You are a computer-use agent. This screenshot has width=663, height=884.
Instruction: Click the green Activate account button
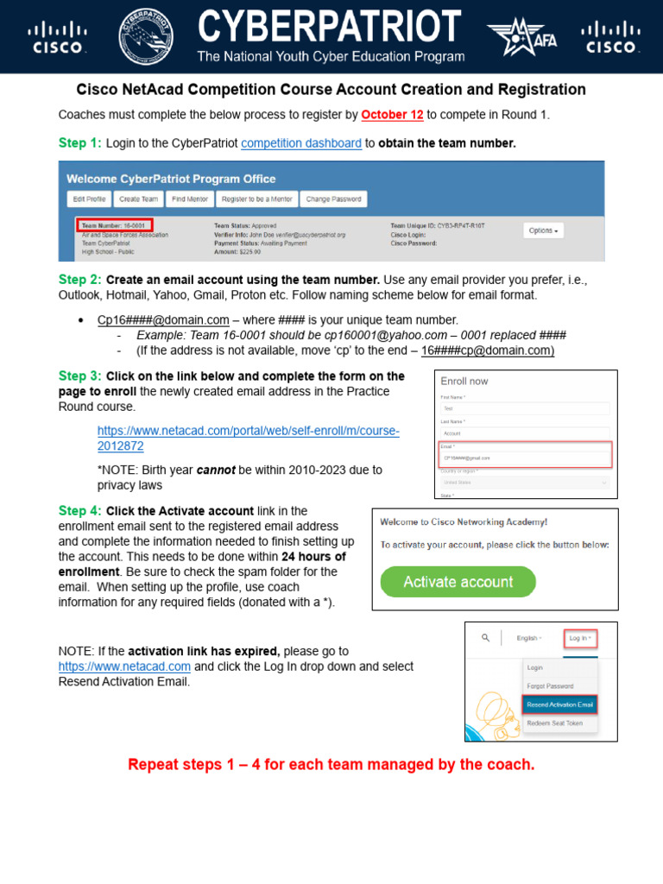[458, 582]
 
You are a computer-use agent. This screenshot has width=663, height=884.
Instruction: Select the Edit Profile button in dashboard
[89, 199]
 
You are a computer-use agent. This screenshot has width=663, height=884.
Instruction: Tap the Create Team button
[138, 199]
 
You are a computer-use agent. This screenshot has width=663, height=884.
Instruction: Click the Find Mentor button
[189, 199]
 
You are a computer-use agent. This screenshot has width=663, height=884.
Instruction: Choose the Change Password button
[334, 199]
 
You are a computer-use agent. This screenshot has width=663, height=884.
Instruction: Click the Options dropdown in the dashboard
[543, 230]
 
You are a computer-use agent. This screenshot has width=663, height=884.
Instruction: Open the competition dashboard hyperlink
[301, 143]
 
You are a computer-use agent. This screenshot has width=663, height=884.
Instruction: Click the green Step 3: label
[79, 376]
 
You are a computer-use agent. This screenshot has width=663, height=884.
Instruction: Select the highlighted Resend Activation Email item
[560, 704]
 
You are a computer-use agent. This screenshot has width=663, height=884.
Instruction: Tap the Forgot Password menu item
[550, 686]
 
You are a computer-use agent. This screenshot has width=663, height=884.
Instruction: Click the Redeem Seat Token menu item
[554, 723]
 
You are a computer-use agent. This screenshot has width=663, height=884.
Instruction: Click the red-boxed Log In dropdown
[579, 639]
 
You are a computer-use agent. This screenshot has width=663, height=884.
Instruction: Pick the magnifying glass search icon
[485, 638]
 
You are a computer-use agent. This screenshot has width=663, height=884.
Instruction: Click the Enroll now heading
[464, 381]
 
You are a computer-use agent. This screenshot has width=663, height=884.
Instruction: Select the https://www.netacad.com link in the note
[124, 666]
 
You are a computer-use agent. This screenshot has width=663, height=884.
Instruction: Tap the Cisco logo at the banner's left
[58, 37]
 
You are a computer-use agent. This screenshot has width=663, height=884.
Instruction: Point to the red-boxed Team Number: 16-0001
[114, 224]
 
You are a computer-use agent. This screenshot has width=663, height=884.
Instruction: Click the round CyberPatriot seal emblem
[145, 35]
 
